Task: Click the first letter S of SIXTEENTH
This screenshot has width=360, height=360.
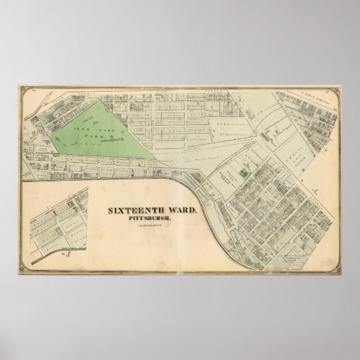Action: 112,211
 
